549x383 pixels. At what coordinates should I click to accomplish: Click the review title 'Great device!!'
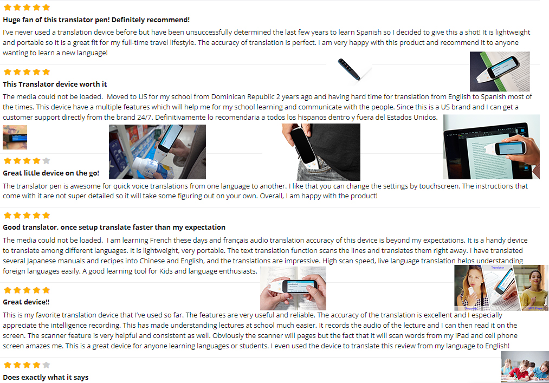tap(26, 302)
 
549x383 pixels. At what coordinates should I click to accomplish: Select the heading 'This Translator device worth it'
tap(55, 84)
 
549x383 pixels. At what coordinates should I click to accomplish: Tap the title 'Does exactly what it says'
tap(46, 377)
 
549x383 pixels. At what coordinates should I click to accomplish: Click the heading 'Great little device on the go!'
tap(51, 173)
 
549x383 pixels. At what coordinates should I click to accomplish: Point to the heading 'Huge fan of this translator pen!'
tap(56, 20)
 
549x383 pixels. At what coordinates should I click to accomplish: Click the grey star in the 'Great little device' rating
tap(46, 161)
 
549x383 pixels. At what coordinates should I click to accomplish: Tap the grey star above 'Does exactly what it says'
tap(46, 365)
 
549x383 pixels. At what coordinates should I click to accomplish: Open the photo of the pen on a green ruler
tap(500, 72)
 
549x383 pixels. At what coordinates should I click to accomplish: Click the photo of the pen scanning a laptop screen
tap(491, 147)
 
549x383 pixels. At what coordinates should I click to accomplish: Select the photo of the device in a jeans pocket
tap(321, 152)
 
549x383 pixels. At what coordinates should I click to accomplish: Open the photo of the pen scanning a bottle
tap(157, 152)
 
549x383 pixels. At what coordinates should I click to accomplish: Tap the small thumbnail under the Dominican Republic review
tap(15, 137)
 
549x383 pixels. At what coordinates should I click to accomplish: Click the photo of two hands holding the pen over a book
tap(293, 288)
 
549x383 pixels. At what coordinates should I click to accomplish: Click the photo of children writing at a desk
tap(525, 367)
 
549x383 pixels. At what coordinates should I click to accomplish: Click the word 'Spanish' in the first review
tap(369, 32)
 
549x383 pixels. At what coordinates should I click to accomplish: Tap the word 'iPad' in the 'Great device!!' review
tap(461, 335)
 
